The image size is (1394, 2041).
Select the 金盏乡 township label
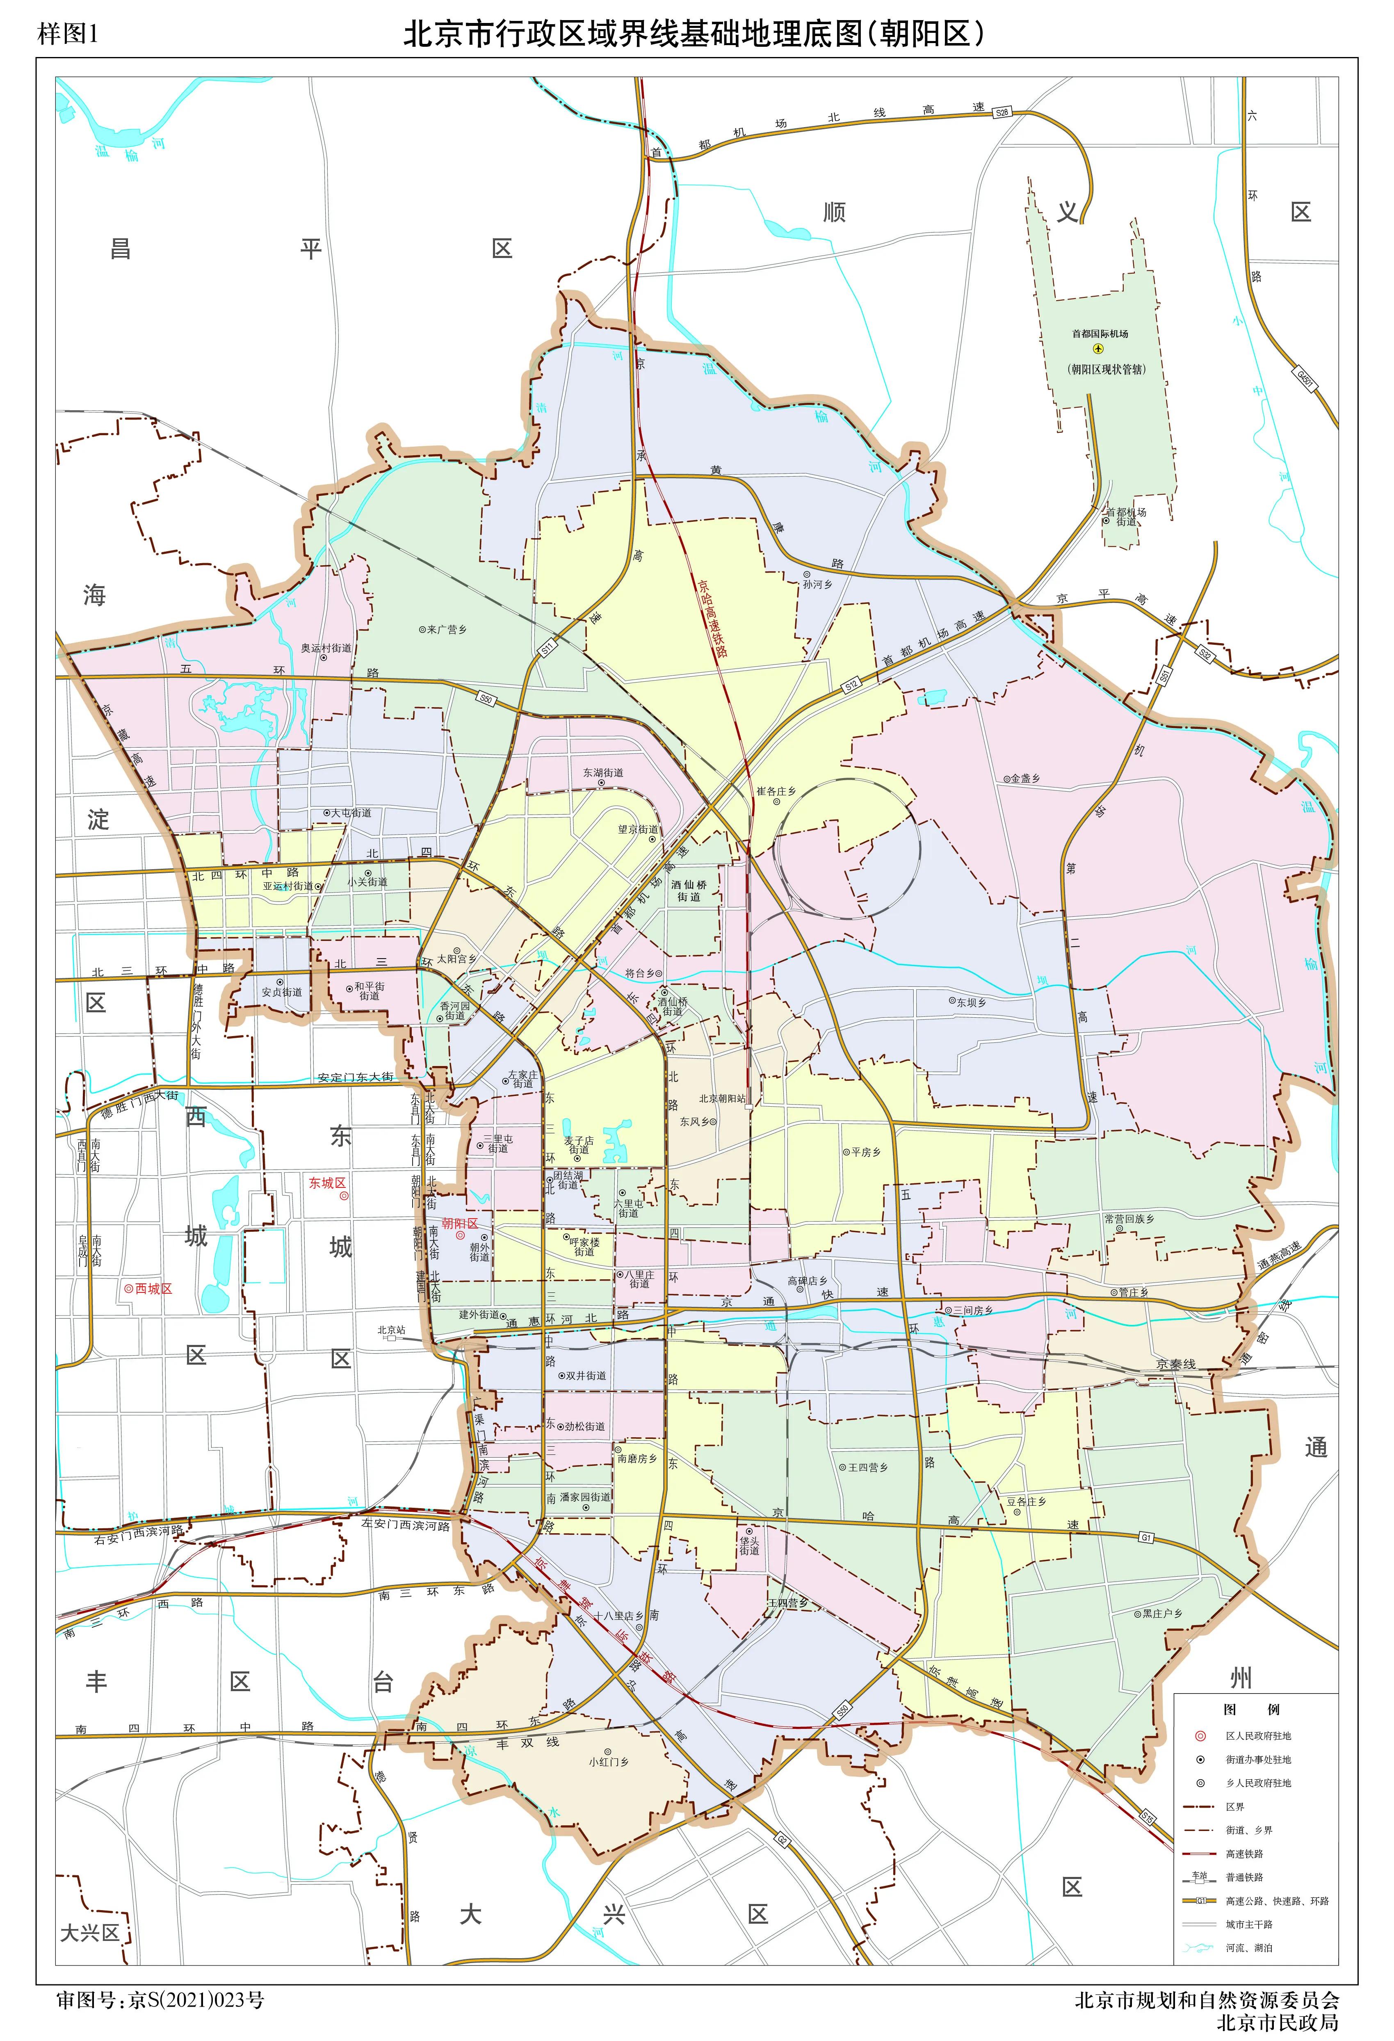(1024, 778)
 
